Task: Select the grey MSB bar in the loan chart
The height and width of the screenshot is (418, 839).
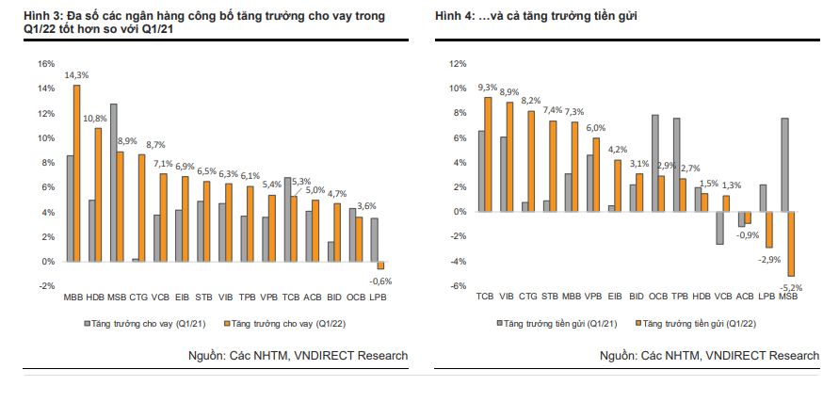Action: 113,183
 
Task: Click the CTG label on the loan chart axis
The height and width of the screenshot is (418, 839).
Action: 138,297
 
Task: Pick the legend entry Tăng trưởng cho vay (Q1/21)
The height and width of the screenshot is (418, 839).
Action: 137,322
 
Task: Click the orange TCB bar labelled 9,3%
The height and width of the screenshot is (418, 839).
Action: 488,154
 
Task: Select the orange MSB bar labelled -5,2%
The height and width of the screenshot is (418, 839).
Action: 792,244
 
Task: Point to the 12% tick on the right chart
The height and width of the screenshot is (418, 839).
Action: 459,64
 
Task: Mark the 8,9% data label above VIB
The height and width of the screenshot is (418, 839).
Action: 509,92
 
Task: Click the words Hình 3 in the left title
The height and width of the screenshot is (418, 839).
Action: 26,18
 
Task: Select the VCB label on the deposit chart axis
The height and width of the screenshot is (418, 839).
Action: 723,297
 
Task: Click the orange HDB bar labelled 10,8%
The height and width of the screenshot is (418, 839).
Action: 98,195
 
